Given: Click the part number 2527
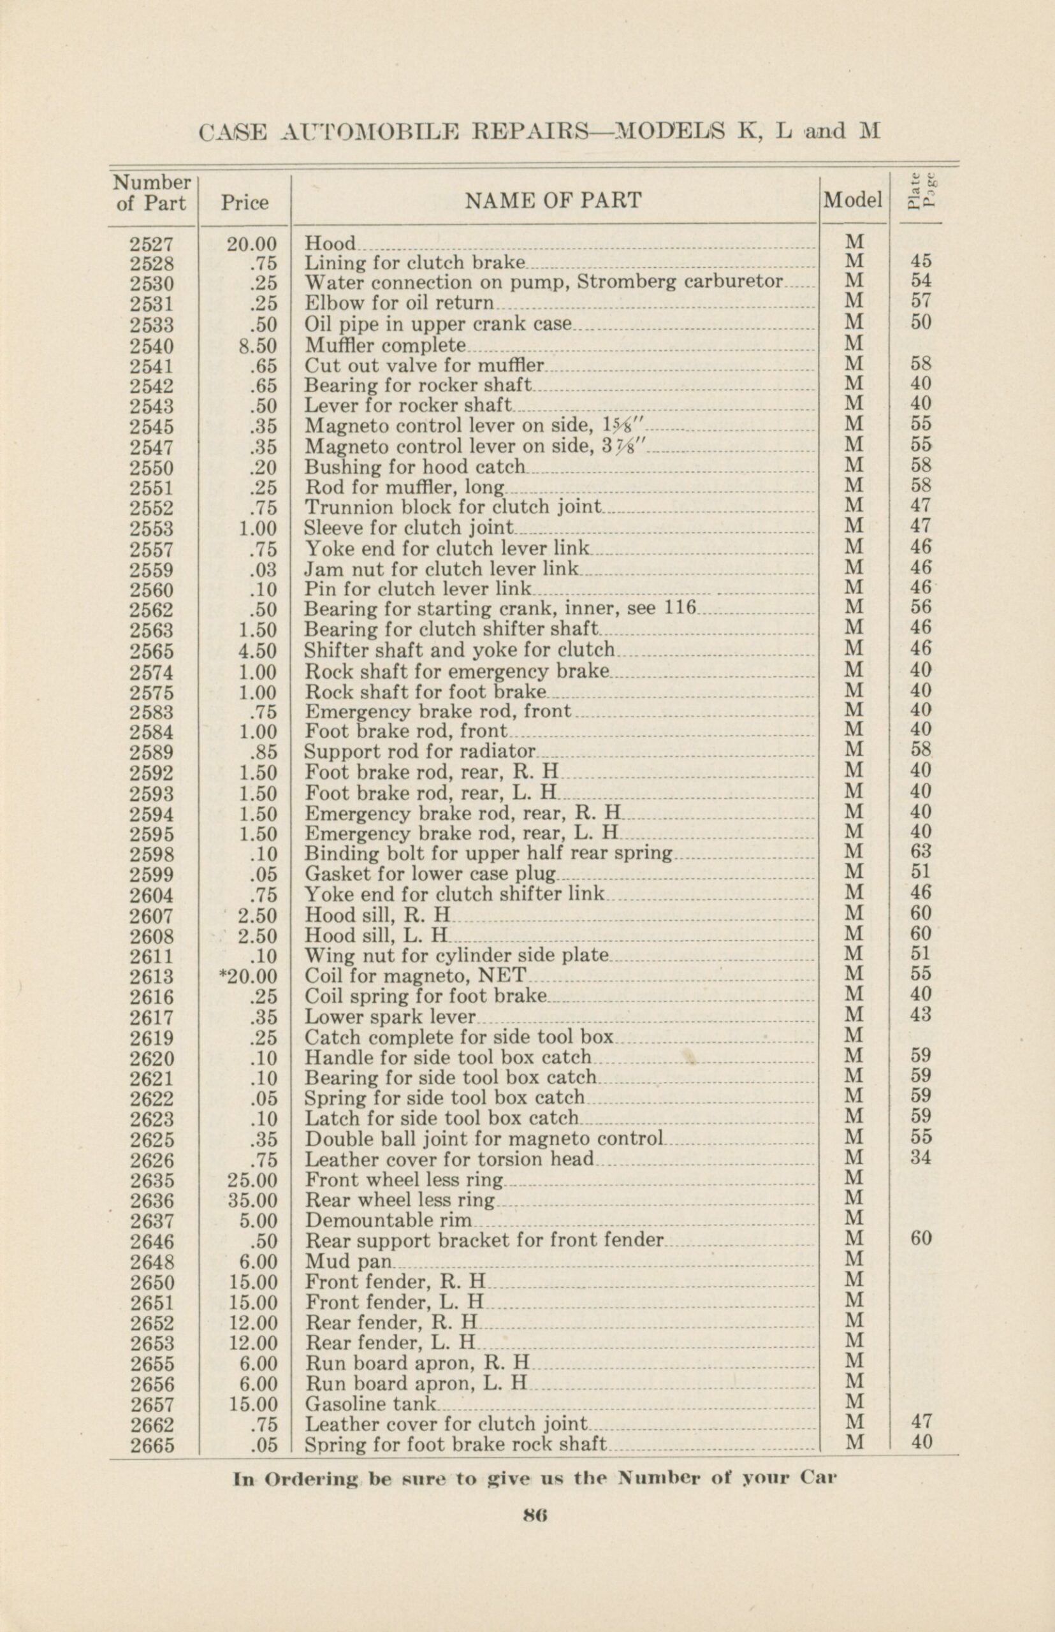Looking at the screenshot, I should click(x=152, y=244).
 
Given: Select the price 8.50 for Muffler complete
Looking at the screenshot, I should click(x=257, y=346).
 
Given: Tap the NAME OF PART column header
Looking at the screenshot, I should click(x=553, y=201).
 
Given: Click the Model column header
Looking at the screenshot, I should click(x=852, y=200).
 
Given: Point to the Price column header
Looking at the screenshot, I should click(x=245, y=203).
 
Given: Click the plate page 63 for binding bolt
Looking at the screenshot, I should click(x=920, y=852).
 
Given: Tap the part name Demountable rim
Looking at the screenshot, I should click(x=388, y=1220).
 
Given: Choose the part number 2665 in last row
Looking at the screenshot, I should click(x=152, y=1446).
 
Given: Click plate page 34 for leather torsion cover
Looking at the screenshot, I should click(x=920, y=1158).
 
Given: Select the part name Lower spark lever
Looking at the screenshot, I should click(x=389, y=1017).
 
